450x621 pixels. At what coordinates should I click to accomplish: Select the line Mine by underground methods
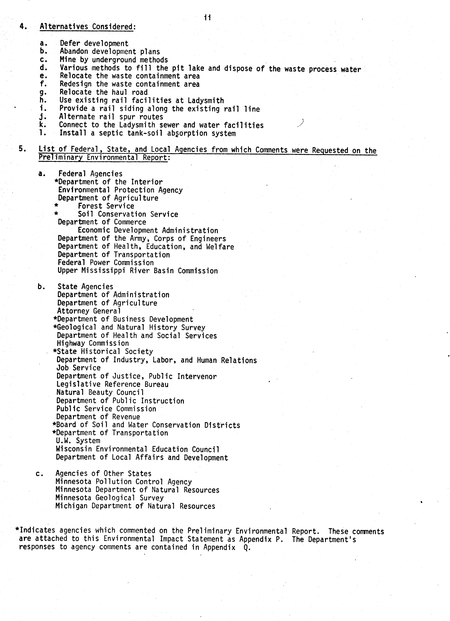[114, 60]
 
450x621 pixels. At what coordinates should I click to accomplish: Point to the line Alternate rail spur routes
[111, 117]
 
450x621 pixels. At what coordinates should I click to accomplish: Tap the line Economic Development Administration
[148, 231]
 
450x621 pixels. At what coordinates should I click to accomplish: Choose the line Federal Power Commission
[106, 263]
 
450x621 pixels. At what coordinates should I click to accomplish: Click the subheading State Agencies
[85, 287]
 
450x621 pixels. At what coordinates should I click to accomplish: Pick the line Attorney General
[89, 311]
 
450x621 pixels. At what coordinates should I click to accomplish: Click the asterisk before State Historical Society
[55, 352]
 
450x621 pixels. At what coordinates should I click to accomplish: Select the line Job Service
[79, 368]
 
